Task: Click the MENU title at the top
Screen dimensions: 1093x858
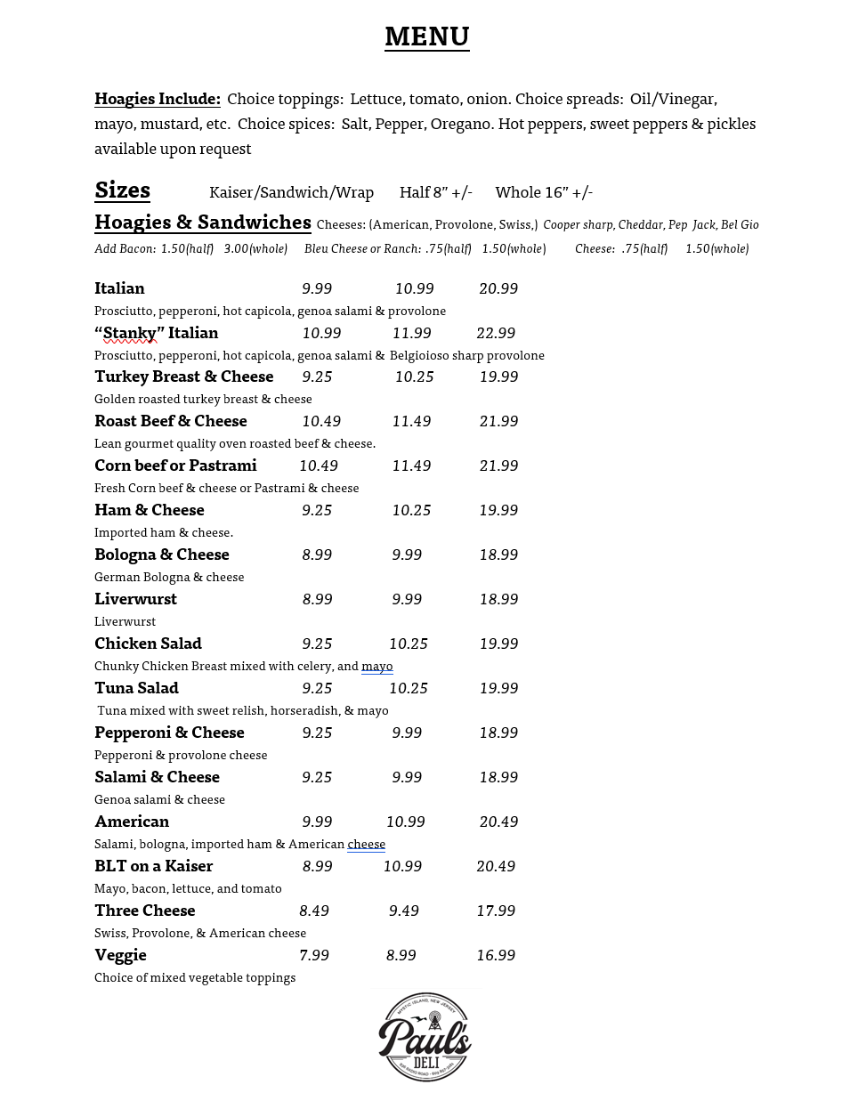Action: [426, 36]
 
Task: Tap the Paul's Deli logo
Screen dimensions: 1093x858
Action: [425, 1036]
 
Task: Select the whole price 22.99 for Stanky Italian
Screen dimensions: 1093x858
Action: [496, 333]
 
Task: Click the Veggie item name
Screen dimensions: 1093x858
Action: [120, 955]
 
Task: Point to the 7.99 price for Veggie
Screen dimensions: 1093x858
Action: [314, 955]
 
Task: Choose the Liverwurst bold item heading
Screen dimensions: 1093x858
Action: [135, 599]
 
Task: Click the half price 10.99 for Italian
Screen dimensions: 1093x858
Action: [414, 288]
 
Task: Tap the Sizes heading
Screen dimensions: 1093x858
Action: [122, 190]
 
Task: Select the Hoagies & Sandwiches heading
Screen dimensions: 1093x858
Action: [203, 223]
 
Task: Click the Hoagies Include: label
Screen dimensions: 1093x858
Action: [158, 99]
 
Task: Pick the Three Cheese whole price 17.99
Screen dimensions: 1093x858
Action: [496, 911]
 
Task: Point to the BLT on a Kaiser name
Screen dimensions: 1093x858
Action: [153, 866]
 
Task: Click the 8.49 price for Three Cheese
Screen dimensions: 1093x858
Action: [314, 911]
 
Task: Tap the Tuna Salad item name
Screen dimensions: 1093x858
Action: [136, 688]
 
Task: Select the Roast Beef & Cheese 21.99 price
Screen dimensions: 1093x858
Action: [498, 421]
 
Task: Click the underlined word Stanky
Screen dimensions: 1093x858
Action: [129, 333]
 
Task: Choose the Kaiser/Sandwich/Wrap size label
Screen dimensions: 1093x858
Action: [291, 192]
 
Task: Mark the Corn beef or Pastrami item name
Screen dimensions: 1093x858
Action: [175, 466]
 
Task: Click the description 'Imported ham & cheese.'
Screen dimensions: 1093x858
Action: [164, 532]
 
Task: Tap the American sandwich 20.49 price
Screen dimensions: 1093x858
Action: [498, 822]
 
